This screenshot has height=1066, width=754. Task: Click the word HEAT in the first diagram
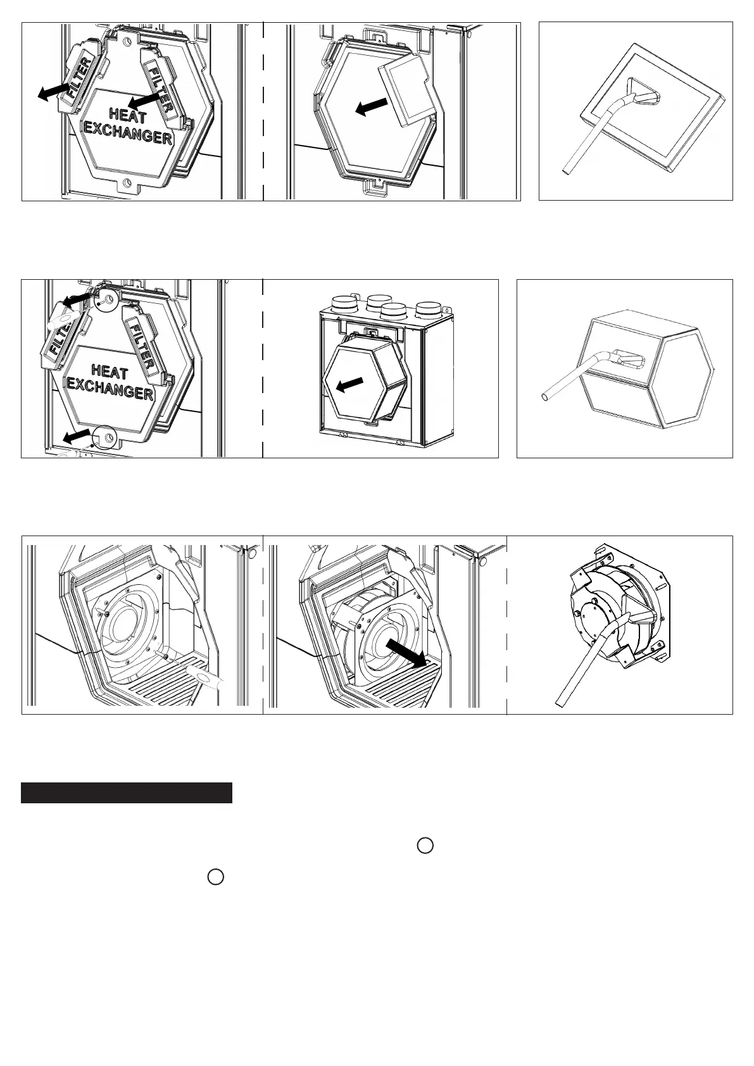click(128, 115)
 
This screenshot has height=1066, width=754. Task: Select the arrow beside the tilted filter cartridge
click(372, 107)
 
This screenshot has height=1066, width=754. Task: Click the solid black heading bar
click(127, 793)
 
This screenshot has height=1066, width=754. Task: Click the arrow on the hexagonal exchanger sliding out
click(350, 385)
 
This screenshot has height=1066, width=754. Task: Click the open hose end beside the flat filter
click(566, 170)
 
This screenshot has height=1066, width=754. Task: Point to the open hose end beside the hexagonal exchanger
click(546, 396)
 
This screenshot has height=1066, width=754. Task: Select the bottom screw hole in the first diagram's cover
click(125, 183)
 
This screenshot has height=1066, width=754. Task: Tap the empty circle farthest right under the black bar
click(425, 846)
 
